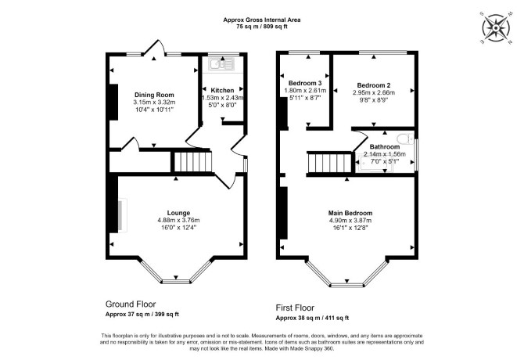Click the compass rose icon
[496, 27]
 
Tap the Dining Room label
[154, 95]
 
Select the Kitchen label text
[222, 90]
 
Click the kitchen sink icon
[221, 63]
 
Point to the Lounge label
[178, 213]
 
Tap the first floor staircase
[329, 163]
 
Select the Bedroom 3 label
[305, 83]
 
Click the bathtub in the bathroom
[375, 164]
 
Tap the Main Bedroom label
[350, 213]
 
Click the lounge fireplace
[122, 214]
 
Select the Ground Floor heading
[131, 304]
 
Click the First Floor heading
[295, 308]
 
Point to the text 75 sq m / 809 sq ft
[262, 27]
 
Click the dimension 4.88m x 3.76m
[178, 220]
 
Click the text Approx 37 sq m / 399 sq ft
[142, 315]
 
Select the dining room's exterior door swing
[154, 47]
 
